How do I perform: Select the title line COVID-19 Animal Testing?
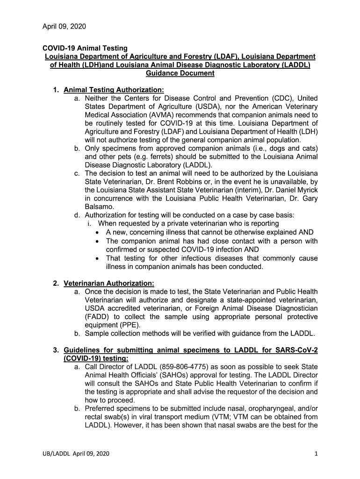tap(85, 48)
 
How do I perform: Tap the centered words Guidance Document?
tap(180, 73)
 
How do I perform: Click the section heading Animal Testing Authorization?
tap(114, 90)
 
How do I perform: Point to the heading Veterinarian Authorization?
tap(108, 283)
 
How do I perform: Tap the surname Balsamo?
tap(99, 207)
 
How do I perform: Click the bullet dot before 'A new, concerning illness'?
tap(97, 232)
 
